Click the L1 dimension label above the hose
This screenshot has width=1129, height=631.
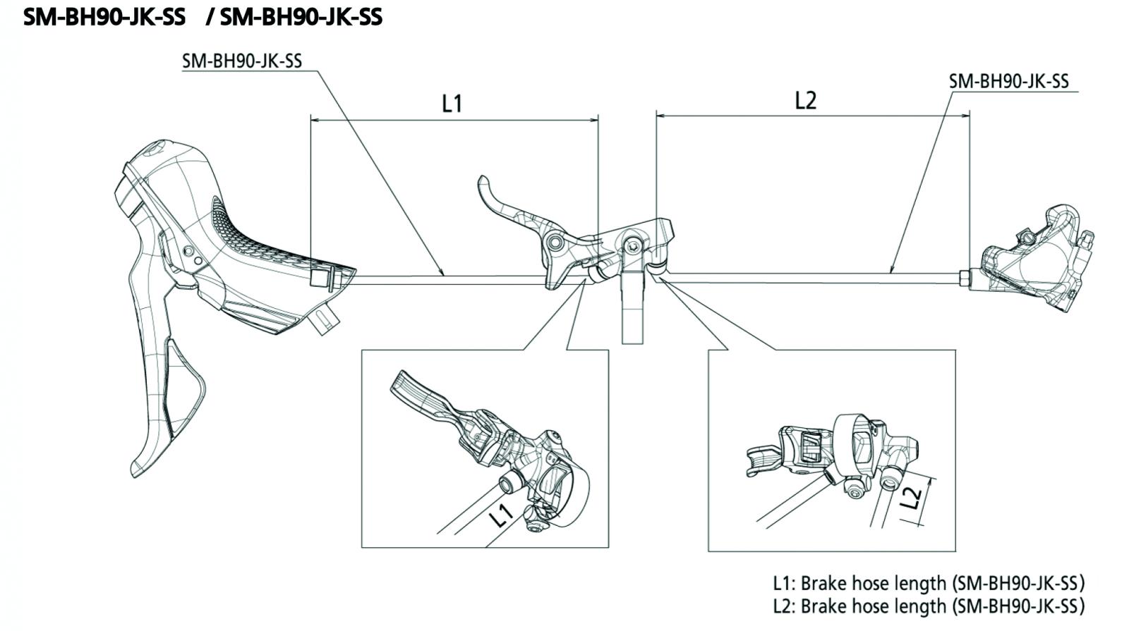pos(452,103)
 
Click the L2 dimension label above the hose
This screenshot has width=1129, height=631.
pos(805,100)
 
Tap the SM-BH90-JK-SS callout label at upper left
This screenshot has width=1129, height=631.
pos(242,61)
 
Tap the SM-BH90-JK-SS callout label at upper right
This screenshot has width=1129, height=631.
pos(1008,81)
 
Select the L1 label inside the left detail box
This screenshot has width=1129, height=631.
pos(502,515)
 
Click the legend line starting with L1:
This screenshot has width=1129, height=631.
pos(929,583)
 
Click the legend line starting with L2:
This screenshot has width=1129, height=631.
pos(929,606)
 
